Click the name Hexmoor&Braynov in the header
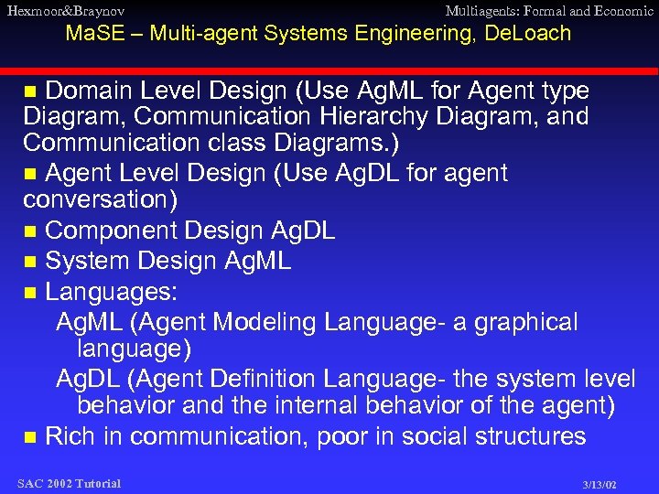65,11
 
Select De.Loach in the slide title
529,34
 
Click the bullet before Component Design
30,232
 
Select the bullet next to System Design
30,263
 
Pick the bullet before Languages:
30,294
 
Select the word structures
531,436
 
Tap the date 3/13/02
600,484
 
